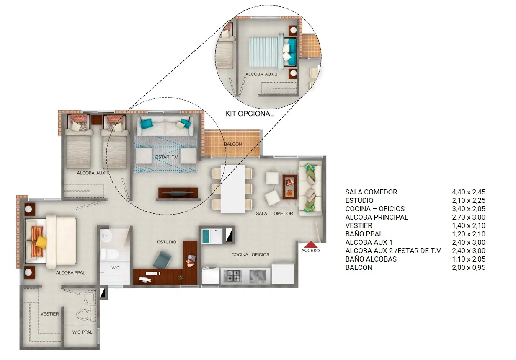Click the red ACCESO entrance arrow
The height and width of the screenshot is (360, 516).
pos(311,244)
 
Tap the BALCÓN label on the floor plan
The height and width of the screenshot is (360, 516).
pos(233,144)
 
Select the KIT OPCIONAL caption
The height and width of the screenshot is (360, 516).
pos(250,114)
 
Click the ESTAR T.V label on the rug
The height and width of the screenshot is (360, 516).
pos(166,157)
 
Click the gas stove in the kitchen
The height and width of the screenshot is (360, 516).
pos(234,276)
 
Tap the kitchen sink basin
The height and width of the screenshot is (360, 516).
pos(258,276)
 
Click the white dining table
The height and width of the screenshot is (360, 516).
pos(233,189)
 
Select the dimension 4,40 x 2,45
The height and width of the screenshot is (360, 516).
pos(469,192)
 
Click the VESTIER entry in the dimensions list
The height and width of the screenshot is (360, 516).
pos(359,225)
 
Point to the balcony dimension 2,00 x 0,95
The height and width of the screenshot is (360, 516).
pos(469,267)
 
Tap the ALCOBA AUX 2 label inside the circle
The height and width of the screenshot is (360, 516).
pos(261,74)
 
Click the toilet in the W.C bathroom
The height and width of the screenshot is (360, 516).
pos(109,254)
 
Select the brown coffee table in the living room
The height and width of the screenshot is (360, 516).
pos(289,187)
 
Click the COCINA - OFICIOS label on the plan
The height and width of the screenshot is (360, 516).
pos(250,255)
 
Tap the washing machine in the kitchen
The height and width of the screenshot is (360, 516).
pos(210,275)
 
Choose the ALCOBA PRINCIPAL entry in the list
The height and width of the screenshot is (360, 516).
pos(377,218)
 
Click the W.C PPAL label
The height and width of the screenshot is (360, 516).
pos(82,332)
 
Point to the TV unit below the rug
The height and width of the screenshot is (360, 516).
pos(178,193)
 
